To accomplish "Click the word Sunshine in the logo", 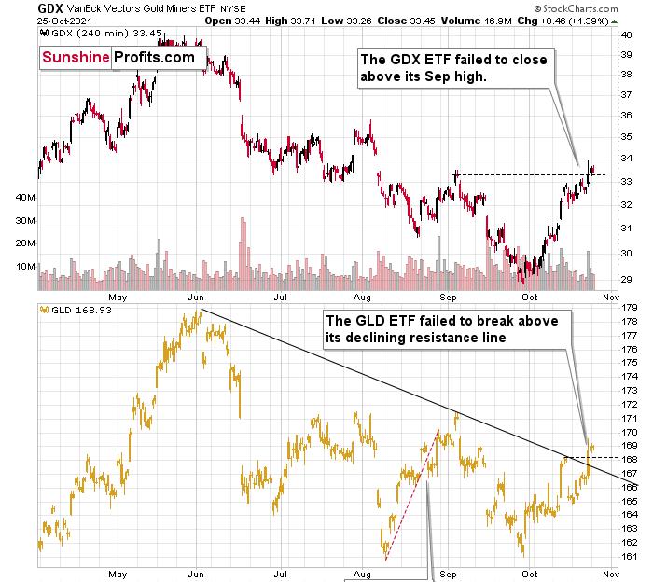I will (76, 58).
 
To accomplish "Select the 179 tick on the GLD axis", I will (629, 308).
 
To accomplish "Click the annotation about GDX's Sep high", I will (453, 68).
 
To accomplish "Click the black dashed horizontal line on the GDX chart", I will (522, 174).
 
